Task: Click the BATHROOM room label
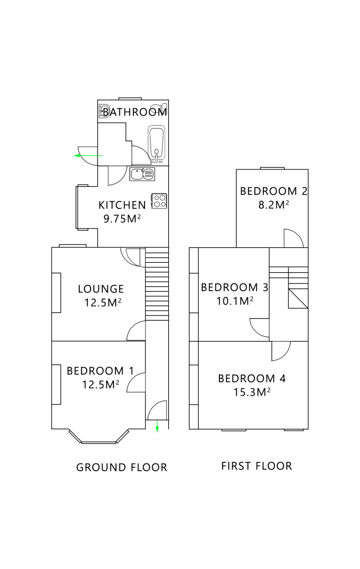click(x=134, y=112)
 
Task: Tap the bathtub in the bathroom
click(x=157, y=143)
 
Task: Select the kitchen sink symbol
click(x=142, y=174)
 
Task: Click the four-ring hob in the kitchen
click(x=159, y=201)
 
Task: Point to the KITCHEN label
click(x=122, y=205)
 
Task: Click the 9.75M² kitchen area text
click(x=122, y=218)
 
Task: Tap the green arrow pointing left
click(x=88, y=156)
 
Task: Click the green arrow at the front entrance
click(x=157, y=426)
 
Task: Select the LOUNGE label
click(x=101, y=289)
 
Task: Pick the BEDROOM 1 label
click(x=100, y=371)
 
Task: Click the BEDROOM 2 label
click(x=274, y=191)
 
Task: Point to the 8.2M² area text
click(x=274, y=204)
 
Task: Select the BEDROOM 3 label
click(x=234, y=287)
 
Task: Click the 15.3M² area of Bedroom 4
click(x=252, y=392)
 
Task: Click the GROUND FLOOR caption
click(x=122, y=467)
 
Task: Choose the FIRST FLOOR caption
click(x=257, y=466)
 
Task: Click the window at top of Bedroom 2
click(x=272, y=168)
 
